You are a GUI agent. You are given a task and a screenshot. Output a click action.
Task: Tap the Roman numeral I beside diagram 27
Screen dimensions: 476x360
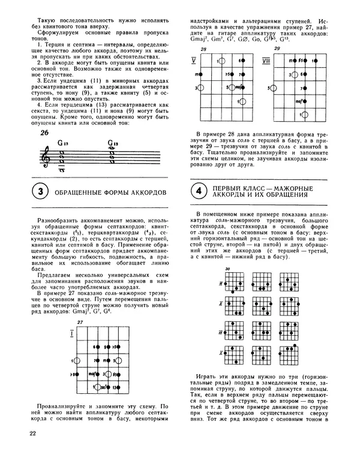tap(71, 333)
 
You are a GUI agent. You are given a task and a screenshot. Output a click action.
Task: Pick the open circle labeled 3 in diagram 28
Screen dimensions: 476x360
tap(200, 88)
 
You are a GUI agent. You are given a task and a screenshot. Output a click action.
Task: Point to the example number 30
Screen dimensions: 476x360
tap(227, 269)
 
